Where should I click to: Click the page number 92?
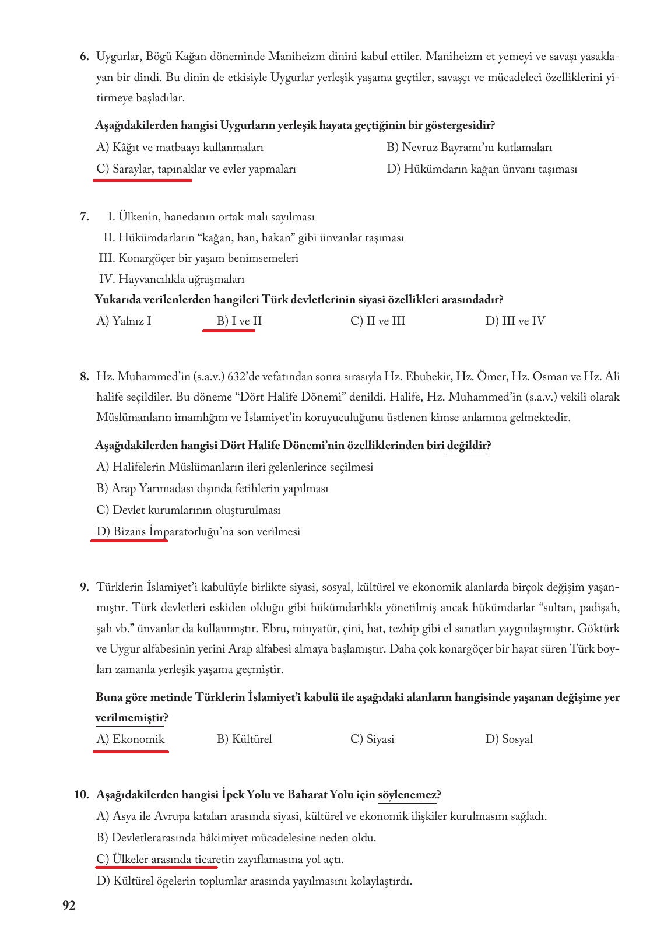click(x=69, y=906)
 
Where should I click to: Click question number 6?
click(x=84, y=57)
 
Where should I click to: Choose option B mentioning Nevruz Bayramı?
click(x=469, y=148)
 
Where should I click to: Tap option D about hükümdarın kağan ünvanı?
click(x=482, y=169)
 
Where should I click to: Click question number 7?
click(x=84, y=217)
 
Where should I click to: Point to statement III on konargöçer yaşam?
click(x=199, y=258)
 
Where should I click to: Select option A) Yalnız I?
click(x=124, y=321)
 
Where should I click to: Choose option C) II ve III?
click(x=378, y=321)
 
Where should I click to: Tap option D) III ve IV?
click(x=515, y=321)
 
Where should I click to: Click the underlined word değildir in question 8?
click(x=466, y=446)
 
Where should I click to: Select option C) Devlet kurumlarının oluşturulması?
click(x=188, y=510)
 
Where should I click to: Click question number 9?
click(x=84, y=587)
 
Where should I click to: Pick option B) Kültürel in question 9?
click(x=244, y=739)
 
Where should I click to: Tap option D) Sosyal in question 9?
click(x=509, y=739)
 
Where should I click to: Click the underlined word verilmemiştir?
click(x=129, y=718)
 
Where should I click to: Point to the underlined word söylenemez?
click(x=407, y=795)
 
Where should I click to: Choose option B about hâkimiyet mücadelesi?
click(x=236, y=838)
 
